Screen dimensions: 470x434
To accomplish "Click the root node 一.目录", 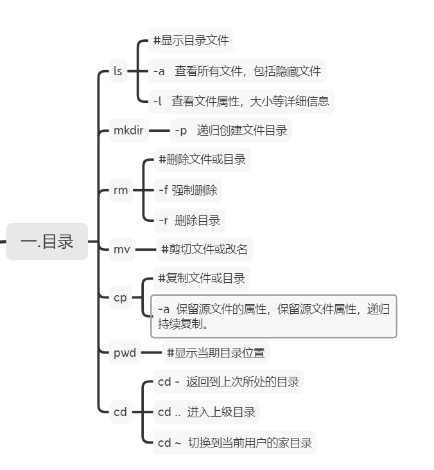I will click(x=47, y=242).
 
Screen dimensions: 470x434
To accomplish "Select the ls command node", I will click(x=117, y=71).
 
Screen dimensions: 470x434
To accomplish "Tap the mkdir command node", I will click(x=128, y=131).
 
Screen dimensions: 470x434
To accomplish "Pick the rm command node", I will click(x=121, y=190).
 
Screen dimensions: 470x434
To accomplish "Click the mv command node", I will click(x=122, y=249).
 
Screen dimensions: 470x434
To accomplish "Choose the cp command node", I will click(x=120, y=297).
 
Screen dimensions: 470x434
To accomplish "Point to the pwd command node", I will click(x=125, y=352).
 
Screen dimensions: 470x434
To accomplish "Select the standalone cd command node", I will click(x=120, y=412).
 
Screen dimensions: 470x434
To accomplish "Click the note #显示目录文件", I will click(x=191, y=41).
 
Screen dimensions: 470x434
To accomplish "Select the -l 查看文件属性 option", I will click(x=241, y=101).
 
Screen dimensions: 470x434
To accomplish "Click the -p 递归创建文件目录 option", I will click(x=230, y=131).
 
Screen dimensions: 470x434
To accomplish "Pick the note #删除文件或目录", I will click(x=202, y=159).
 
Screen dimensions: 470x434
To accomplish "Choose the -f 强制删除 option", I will click(x=187, y=190).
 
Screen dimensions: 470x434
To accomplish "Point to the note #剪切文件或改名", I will click(x=204, y=249).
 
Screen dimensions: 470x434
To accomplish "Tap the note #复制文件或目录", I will click(x=201, y=278).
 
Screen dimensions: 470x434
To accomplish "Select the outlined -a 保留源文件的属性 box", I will click(x=273, y=316).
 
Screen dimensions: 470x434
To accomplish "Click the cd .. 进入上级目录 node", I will click(x=206, y=412).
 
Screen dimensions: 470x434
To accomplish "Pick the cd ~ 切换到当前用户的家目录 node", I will click(x=234, y=442).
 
